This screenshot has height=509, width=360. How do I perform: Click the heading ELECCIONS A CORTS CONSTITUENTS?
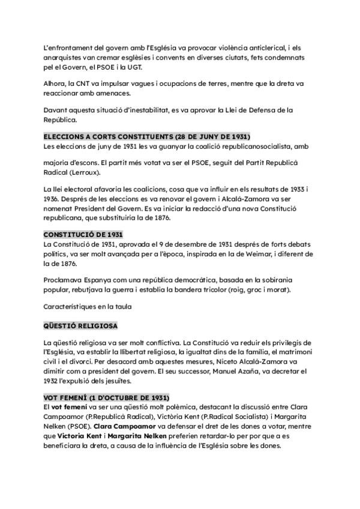point(147,137)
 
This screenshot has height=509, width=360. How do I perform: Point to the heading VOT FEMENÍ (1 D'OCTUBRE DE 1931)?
point(106,398)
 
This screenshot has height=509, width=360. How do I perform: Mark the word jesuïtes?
point(108,381)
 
